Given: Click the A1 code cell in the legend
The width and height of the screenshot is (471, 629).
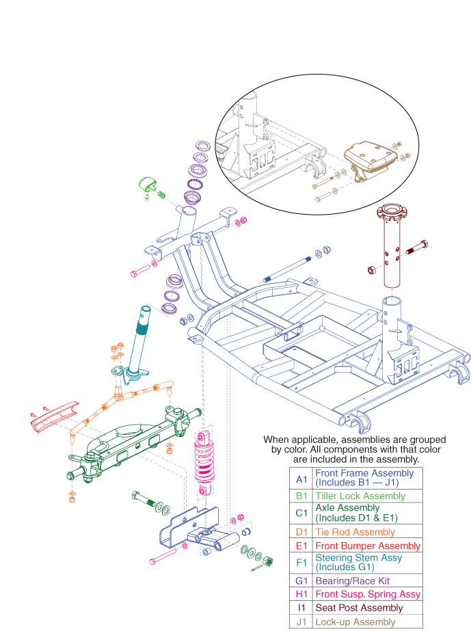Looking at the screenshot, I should click(301, 477).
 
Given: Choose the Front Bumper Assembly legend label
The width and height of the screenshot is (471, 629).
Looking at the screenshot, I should click(368, 546).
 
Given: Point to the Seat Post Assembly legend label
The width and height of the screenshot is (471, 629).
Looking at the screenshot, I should click(359, 607).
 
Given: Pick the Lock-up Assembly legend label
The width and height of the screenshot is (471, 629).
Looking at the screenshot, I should click(355, 621).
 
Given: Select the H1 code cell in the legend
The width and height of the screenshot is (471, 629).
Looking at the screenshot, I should click(301, 594).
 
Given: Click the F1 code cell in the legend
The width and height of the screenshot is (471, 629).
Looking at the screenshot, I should click(301, 563).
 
